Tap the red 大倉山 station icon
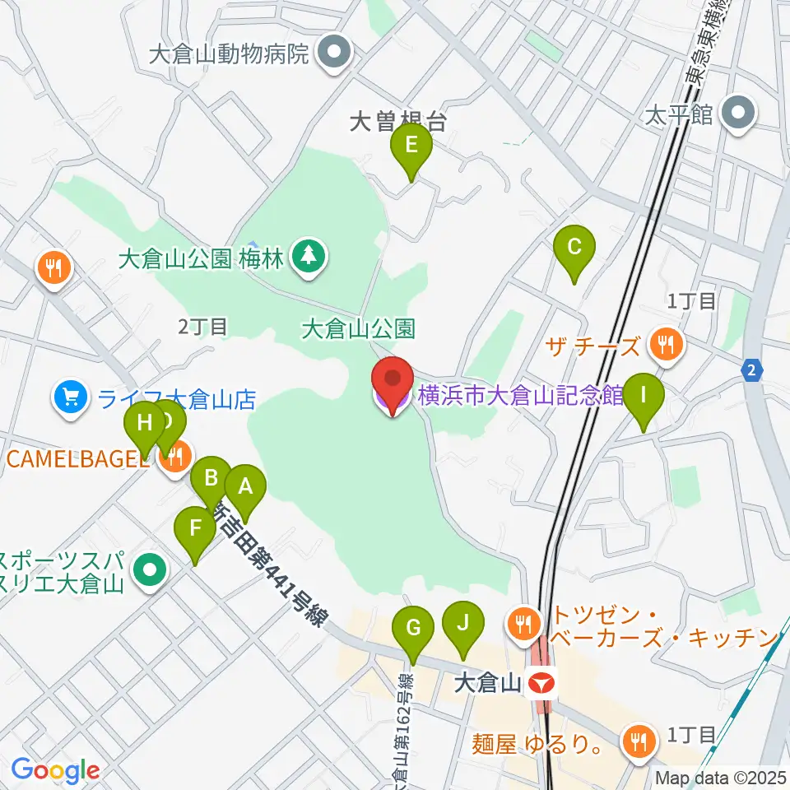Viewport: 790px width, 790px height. [x=541, y=682]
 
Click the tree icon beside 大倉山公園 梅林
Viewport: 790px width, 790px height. [x=309, y=258]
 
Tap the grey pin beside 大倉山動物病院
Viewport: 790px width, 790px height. [x=334, y=55]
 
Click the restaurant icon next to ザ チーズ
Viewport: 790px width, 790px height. [x=666, y=345]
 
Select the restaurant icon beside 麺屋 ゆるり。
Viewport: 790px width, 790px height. [x=639, y=741]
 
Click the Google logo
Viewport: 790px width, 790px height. [x=56, y=771]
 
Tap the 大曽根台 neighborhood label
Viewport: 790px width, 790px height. [x=397, y=123]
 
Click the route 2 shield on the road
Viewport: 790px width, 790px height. [x=751, y=372]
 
